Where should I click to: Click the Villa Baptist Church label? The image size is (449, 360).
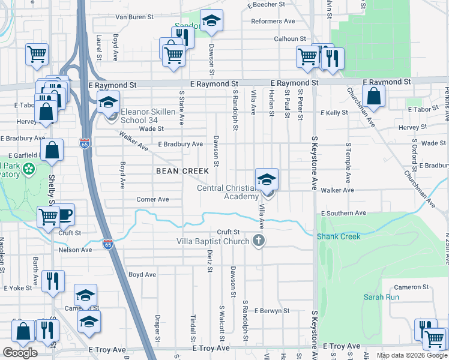click(212, 242)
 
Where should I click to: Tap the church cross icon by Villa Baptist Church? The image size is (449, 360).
click(259, 241)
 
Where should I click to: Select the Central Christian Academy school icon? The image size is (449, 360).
click(267, 179)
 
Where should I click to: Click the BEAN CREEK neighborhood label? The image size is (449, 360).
click(182, 171)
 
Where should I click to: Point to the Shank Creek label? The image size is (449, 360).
click(339, 236)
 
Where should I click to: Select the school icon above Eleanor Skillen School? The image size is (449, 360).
click(109, 103)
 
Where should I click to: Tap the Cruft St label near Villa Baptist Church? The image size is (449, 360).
click(228, 232)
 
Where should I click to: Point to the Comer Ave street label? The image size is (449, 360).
click(152, 199)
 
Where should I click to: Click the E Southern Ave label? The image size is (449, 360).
click(343, 213)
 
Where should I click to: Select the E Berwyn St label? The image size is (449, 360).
click(271, 311)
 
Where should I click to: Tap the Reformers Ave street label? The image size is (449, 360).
click(274, 21)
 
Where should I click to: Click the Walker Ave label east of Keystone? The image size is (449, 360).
click(338, 190)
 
